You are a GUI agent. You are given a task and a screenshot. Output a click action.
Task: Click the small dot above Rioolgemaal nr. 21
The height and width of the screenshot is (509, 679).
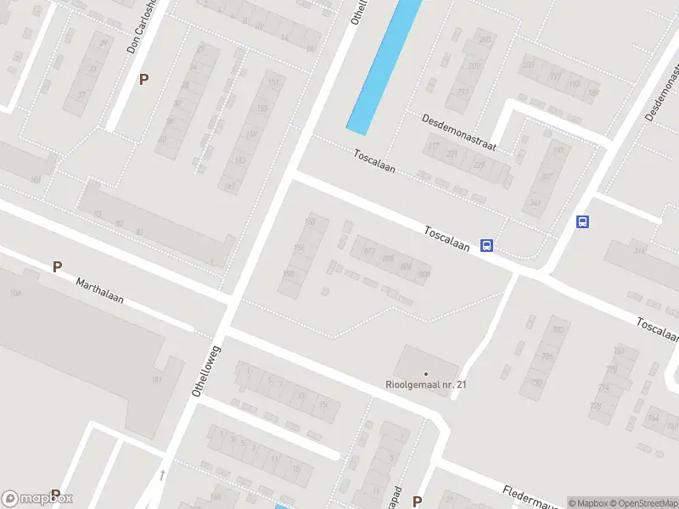point(426,373)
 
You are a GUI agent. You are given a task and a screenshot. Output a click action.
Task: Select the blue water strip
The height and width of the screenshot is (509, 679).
point(384,64)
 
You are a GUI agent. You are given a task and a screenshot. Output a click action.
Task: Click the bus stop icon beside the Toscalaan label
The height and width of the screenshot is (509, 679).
point(486,246)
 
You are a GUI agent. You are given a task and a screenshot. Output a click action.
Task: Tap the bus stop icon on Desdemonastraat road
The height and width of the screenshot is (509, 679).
point(583,222)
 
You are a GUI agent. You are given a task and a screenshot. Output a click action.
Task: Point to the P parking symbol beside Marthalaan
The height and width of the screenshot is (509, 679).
point(57,267)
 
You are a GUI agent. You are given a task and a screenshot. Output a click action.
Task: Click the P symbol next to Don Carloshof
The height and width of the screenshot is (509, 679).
point(143,79)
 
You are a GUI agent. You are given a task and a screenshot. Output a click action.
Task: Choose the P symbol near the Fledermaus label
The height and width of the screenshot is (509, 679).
point(417,501)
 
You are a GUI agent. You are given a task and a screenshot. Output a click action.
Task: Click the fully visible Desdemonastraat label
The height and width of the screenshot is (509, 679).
point(459,132)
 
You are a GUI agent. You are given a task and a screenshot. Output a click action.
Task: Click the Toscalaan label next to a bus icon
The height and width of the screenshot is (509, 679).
point(447,237)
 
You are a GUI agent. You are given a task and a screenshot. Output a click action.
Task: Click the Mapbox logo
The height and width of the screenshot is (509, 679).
point(38,498)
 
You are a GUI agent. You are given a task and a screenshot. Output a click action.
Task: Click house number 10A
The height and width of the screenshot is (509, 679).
point(14,293)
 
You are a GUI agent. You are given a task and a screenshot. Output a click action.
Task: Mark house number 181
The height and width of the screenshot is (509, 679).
point(157,379)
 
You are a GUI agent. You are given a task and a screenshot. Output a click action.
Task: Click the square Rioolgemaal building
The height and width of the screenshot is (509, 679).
point(425,365)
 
